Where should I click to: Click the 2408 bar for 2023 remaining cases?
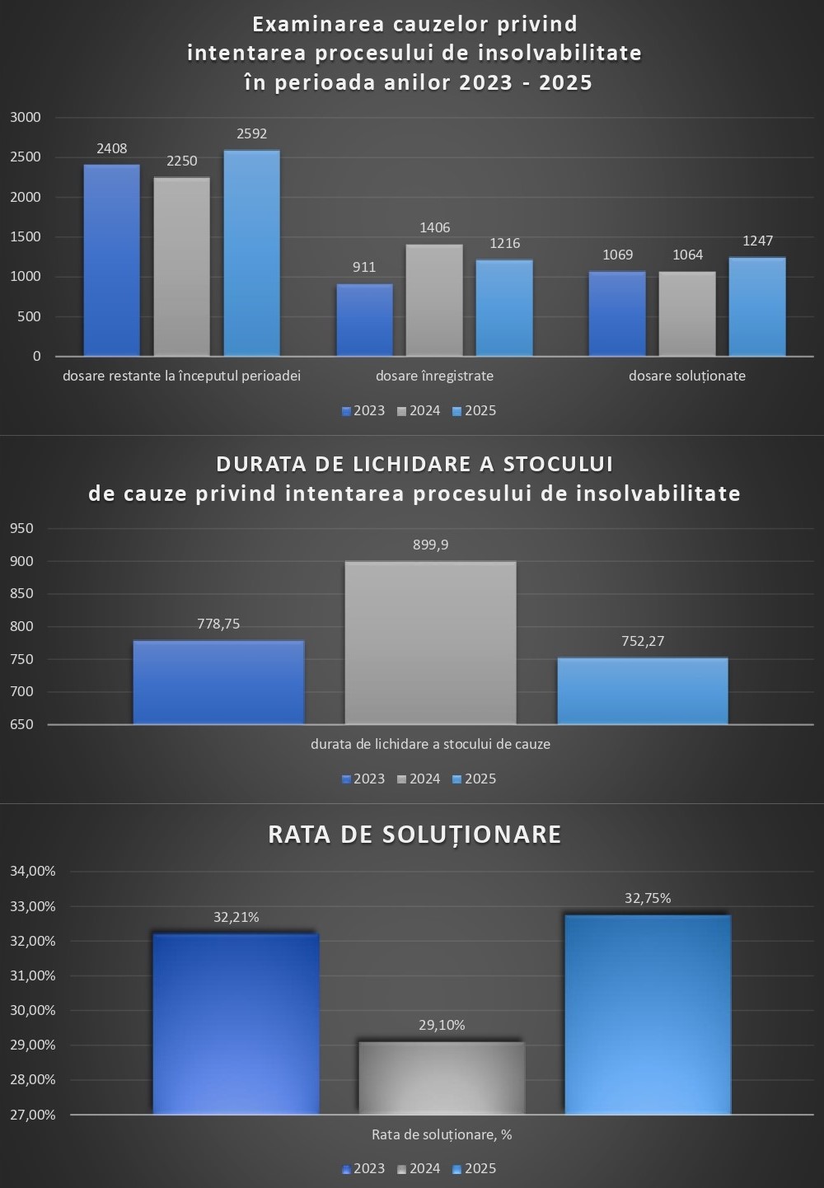pyautogui.click(x=112, y=260)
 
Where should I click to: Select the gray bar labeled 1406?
pyautogui.click(x=434, y=300)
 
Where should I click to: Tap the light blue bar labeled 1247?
pyautogui.click(x=757, y=306)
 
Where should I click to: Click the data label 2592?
pyautogui.click(x=251, y=133)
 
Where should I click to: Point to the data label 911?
pyautogui.click(x=364, y=267)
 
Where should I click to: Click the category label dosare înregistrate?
pyautogui.click(x=434, y=376)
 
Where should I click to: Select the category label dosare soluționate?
pyautogui.click(x=687, y=376)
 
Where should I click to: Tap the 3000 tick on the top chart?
pyautogui.click(x=26, y=117)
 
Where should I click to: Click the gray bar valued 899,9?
pyautogui.click(x=430, y=643)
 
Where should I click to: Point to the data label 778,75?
pyautogui.click(x=218, y=624)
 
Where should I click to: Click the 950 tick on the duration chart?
pyautogui.click(x=22, y=528)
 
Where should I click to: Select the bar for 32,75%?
pyautogui.click(x=648, y=1014)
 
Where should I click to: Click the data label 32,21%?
pyautogui.click(x=236, y=917)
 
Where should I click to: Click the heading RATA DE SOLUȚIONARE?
pyautogui.click(x=414, y=835)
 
